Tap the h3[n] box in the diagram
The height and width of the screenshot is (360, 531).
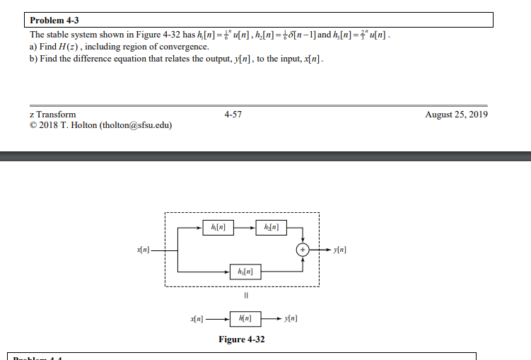(x=244, y=271)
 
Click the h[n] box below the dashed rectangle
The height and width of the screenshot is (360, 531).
(x=244, y=319)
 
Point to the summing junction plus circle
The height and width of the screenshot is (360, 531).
(x=303, y=250)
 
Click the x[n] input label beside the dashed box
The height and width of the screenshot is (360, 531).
(x=144, y=250)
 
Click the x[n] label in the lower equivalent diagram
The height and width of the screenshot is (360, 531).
(x=197, y=319)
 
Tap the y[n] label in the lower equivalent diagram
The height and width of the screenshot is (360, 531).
(x=291, y=319)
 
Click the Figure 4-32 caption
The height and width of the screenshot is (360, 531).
(x=242, y=339)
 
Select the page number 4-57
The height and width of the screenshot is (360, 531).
(x=233, y=115)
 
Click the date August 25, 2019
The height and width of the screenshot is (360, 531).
(x=456, y=115)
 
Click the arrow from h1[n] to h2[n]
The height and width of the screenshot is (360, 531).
(x=245, y=227)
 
